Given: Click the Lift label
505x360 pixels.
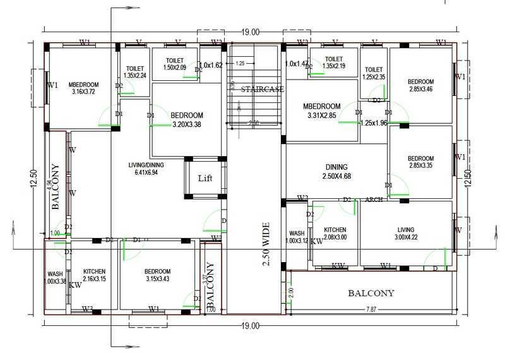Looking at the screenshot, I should (x=205, y=178).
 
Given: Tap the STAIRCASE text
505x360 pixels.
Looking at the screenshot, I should (x=263, y=90).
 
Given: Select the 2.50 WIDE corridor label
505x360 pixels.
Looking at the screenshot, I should (x=265, y=244).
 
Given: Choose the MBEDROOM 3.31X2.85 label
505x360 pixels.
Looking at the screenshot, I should (x=321, y=111).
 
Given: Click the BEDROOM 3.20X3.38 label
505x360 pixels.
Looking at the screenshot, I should (x=186, y=120).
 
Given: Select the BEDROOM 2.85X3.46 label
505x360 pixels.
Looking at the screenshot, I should (x=420, y=86).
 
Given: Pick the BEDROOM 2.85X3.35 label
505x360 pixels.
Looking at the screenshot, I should (x=420, y=162).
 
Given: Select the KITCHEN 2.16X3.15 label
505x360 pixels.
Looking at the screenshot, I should (x=94, y=275).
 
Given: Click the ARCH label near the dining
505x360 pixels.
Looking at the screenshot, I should (x=374, y=200).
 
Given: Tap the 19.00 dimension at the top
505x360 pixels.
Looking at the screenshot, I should (x=250, y=32).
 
